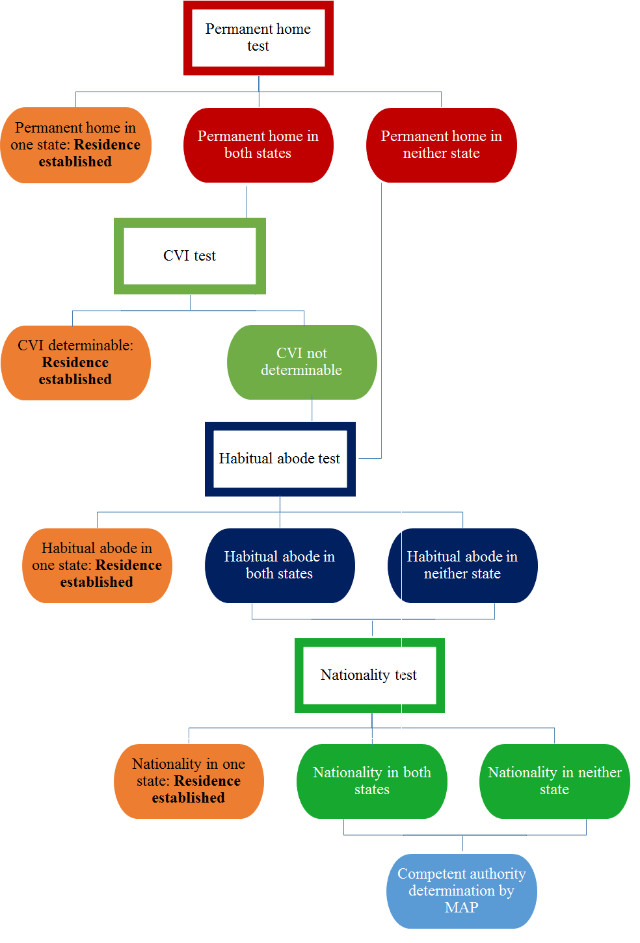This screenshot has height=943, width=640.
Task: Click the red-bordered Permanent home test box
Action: [x=258, y=38]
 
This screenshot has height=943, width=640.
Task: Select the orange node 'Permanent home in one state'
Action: [x=75, y=145]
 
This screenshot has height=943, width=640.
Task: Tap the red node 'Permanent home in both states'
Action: [x=258, y=145]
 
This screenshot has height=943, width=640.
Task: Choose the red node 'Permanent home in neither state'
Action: [x=441, y=145]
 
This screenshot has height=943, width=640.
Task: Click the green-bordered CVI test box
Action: [x=189, y=256]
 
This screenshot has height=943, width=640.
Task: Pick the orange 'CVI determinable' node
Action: [x=75, y=363]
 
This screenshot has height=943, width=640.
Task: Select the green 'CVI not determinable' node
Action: [x=302, y=362]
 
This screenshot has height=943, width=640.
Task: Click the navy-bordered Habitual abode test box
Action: [x=280, y=459]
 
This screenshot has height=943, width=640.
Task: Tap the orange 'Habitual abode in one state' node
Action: [x=97, y=565]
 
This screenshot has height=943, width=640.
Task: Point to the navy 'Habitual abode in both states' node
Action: [x=280, y=565]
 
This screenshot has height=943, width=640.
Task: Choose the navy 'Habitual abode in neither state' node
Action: [x=462, y=565]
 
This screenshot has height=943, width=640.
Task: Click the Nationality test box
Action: [x=369, y=675]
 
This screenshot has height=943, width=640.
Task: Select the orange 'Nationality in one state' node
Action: [x=189, y=781]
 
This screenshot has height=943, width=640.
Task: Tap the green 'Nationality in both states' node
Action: [x=371, y=781]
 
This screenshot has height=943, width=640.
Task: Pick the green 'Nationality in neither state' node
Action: [x=554, y=781]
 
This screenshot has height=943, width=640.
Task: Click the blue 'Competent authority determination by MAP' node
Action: [x=461, y=891]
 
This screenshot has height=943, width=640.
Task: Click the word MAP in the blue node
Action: [x=461, y=908]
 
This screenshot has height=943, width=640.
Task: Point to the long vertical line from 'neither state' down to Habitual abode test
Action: [x=381, y=318]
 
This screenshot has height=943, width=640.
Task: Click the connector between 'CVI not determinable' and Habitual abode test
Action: [x=312, y=410]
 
